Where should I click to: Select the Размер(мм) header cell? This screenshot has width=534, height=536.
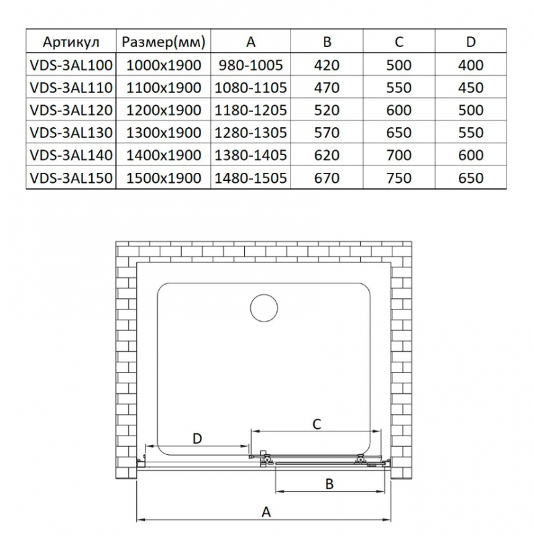(163, 42)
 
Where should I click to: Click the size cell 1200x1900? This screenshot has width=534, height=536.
(163, 110)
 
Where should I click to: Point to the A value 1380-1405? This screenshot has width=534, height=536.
(251, 155)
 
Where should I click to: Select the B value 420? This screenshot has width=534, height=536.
(327, 65)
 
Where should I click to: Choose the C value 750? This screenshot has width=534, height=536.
(398, 178)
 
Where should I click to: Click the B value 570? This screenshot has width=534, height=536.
(327, 133)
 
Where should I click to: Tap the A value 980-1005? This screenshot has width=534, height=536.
(251, 65)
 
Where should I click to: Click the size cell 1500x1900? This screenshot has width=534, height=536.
(163, 178)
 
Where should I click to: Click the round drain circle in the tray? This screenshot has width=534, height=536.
(263, 309)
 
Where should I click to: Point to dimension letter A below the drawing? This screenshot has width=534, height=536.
(266, 513)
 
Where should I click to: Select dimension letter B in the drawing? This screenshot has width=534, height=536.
(329, 484)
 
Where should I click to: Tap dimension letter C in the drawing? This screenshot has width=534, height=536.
(318, 423)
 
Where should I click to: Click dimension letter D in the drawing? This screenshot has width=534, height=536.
(197, 439)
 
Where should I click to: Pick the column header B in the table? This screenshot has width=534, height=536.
(327, 42)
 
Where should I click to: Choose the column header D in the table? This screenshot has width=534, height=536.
(470, 42)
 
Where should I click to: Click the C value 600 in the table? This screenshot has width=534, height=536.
(398, 110)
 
